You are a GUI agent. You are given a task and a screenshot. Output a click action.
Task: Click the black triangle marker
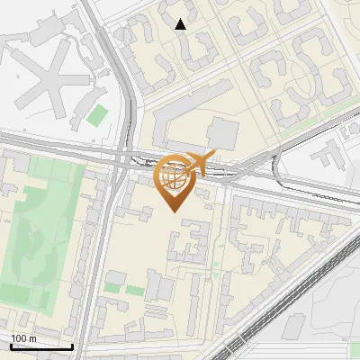tap(181, 24)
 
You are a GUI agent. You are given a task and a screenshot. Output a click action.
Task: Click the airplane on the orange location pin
tap(199, 163)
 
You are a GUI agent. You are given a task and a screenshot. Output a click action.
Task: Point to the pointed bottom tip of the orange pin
tap(175, 211)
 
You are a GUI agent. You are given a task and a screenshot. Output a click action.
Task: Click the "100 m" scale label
tap(23, 338)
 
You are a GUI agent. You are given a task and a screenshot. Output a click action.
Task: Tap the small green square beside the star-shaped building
tap(96, 115)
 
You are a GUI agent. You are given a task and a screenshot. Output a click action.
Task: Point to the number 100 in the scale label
tap(18, 338)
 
